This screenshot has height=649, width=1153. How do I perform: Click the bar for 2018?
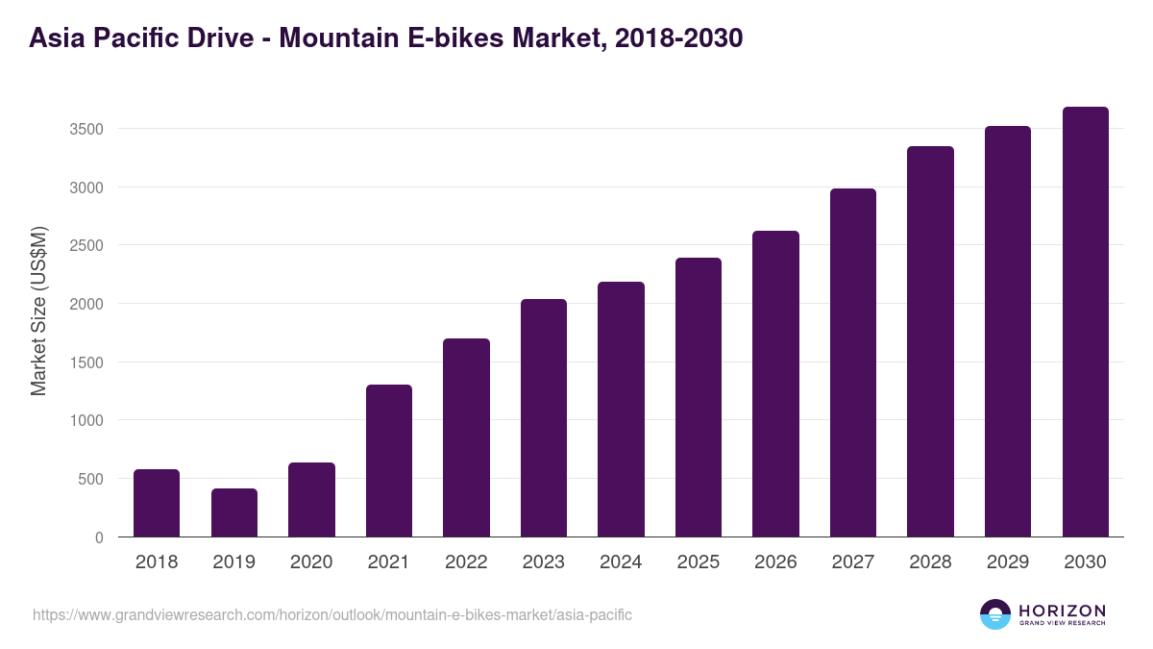point(157,503)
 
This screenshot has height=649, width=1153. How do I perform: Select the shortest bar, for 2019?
point(234,512)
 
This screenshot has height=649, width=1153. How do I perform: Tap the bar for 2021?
point(389,461)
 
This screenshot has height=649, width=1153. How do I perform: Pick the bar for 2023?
point(544,418)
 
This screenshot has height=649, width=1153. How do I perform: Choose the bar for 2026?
point(775,384)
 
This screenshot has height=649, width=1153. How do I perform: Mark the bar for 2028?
point(930,341)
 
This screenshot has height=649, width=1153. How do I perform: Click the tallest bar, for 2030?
point(1085,322)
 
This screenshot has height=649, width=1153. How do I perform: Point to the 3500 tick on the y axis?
point(86,129)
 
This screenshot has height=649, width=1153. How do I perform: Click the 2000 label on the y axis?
point(86,304)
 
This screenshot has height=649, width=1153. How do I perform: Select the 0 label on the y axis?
point(99,537)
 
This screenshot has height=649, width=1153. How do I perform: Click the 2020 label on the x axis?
point(311,562)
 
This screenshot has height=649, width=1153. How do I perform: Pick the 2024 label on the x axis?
point(621,562)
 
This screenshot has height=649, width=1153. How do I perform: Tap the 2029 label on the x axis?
point(1007,562)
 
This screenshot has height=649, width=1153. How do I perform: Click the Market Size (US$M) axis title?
point(38,312)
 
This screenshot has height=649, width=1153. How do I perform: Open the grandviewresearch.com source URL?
point(332,614)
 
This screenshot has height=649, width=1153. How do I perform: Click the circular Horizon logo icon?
point(995,614)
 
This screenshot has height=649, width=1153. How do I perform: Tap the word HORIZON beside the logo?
point(1062,611)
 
